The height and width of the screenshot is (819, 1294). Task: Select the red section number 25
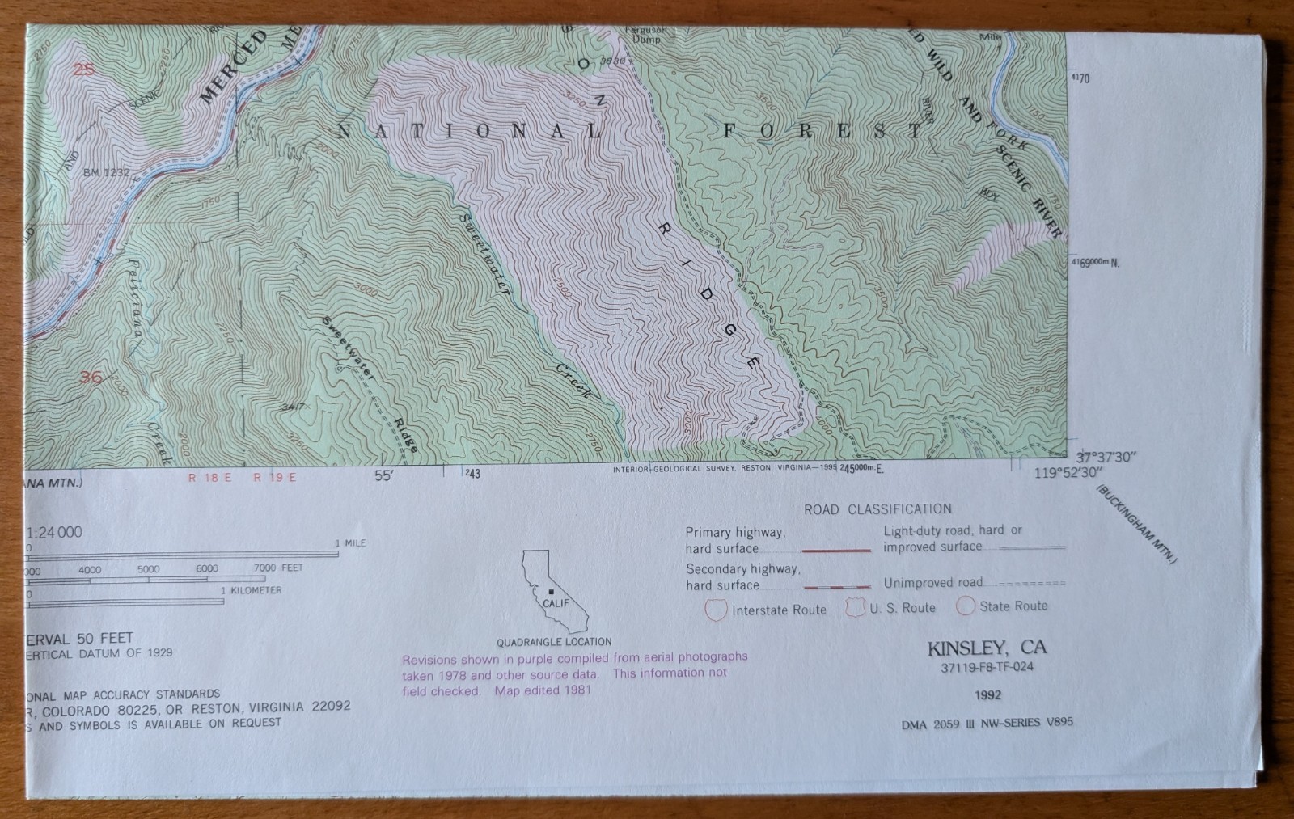(x=83, y=70)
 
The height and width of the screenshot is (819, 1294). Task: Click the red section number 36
(x=91, y=377)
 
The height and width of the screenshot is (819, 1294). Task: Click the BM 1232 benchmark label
(x=106, y=171)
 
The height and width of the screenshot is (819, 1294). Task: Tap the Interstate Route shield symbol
(x=716, y=610)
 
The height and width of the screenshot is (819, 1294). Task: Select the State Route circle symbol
(x=966, y=606)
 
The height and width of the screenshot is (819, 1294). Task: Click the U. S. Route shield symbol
(x=856, y=607)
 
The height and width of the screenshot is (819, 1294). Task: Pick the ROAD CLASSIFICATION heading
(x=877, y=509)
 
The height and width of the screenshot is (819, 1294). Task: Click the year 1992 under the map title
(x=988, y=694)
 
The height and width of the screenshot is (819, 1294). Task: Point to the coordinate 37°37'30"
(x=1106, y=457)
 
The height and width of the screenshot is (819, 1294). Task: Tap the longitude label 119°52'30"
(x=1073, y=474)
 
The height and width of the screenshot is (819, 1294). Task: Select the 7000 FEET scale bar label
(x=278, y=568)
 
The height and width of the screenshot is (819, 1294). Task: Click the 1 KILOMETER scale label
(x=252, y=590)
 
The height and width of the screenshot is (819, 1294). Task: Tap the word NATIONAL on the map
(x=469, y=132)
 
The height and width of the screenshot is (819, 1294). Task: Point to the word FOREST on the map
(x=822, y=130)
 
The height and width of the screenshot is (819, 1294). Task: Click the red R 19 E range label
(x=275, y=477)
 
